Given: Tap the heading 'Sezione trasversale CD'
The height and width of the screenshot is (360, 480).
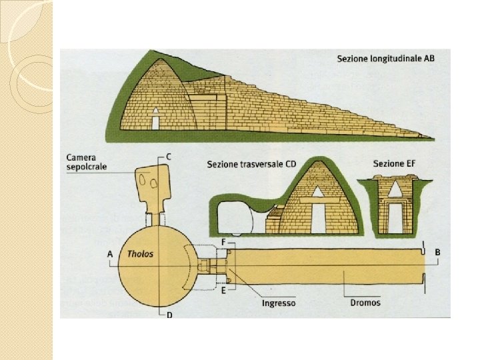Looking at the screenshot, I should pos(252,163).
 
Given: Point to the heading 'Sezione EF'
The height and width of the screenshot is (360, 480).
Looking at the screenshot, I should pos(392,163).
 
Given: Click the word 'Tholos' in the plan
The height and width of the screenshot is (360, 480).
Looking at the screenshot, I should pos(140,254).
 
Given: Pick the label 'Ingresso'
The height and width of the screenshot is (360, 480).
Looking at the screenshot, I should pos(279,303).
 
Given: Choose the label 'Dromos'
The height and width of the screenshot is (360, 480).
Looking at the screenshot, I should pos(365,303).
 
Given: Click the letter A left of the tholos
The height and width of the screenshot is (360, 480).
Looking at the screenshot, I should pos(109,254).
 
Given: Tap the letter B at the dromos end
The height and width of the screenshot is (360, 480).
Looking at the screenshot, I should pos(437,253).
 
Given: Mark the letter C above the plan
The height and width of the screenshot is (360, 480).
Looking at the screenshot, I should pos(169,157).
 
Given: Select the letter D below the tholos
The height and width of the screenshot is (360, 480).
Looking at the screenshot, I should pos(169,315).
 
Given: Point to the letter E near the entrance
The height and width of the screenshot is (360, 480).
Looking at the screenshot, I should pos(224,291).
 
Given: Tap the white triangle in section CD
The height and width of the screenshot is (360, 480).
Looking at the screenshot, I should pos(317,192).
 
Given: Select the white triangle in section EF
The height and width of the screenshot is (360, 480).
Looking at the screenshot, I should pos(395,190).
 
